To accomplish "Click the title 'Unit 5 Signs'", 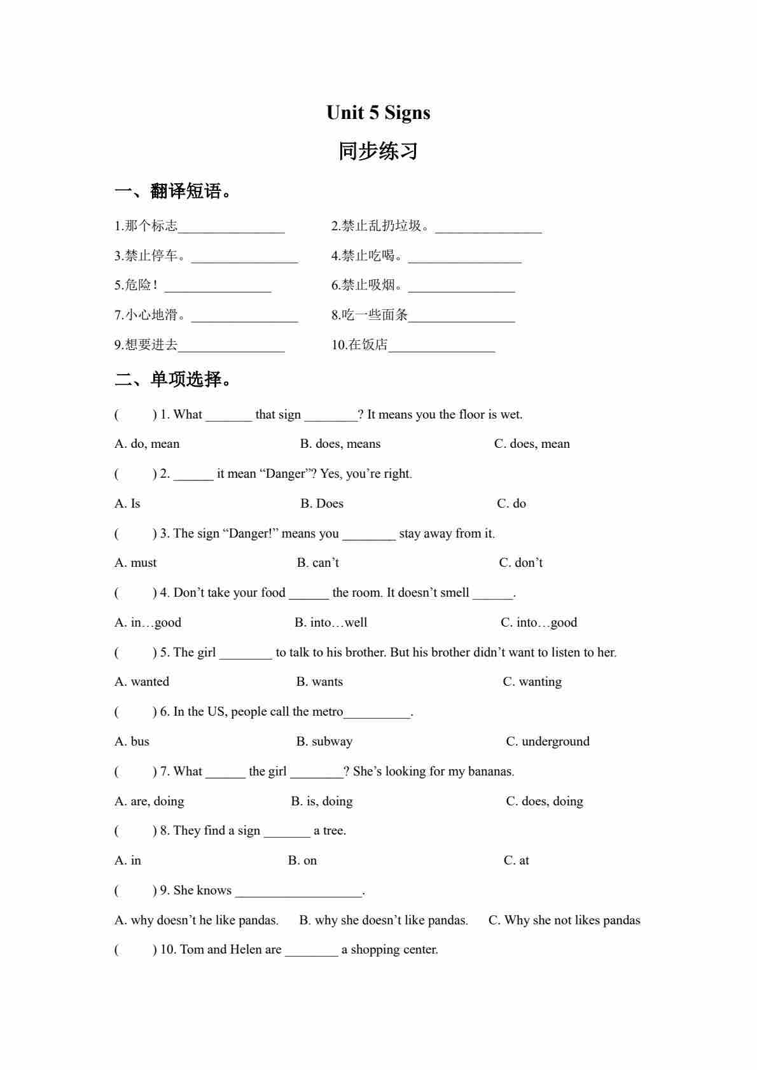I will tap(378, 113).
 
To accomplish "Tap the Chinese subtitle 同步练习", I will tap(378, 151).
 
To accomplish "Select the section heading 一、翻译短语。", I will tap(174, 191).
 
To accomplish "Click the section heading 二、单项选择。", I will tap(174, 380).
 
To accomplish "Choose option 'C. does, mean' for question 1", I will tap(532, 444).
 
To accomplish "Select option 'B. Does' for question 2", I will tap(322, 504).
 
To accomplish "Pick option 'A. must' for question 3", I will tap(135, 563).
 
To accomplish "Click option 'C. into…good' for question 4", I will tap(539, 623).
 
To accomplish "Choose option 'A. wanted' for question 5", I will tap(142, 682).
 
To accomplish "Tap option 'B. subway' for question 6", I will tap(324, 742).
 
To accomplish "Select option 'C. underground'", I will tap(548, 742).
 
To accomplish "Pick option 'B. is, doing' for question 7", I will tap(322, 802).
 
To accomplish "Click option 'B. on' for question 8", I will tap(302, 861).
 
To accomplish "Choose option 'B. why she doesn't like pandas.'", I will tap(384, 921).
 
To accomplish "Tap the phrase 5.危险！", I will tap(136, 285).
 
